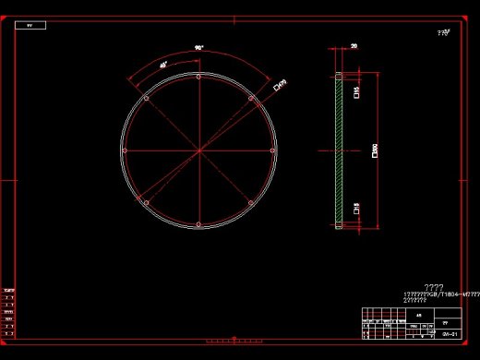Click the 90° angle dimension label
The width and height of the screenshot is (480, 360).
tap(198, 47)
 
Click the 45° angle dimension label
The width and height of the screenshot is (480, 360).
tap(163, 65)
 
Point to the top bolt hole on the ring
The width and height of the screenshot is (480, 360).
tap(198, 78)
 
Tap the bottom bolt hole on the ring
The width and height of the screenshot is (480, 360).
tap(198, 224)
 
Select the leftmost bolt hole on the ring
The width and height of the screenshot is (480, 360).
tap(125, 150)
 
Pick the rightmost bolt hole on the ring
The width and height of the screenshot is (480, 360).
tap(272, 150)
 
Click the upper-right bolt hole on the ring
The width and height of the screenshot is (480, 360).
tap(250, 98)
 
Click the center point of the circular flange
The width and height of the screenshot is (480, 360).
tap(198, 150)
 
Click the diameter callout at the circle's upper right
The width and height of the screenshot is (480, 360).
tap(281, 85)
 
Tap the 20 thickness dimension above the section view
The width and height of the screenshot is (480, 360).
tap(354, 44)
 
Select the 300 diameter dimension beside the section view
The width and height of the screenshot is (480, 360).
tap(374, 150)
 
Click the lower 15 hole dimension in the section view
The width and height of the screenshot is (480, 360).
tap(356, 210)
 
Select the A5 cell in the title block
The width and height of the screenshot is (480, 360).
tap(417, 315)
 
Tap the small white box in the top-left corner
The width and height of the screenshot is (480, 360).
tap(30, 26)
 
